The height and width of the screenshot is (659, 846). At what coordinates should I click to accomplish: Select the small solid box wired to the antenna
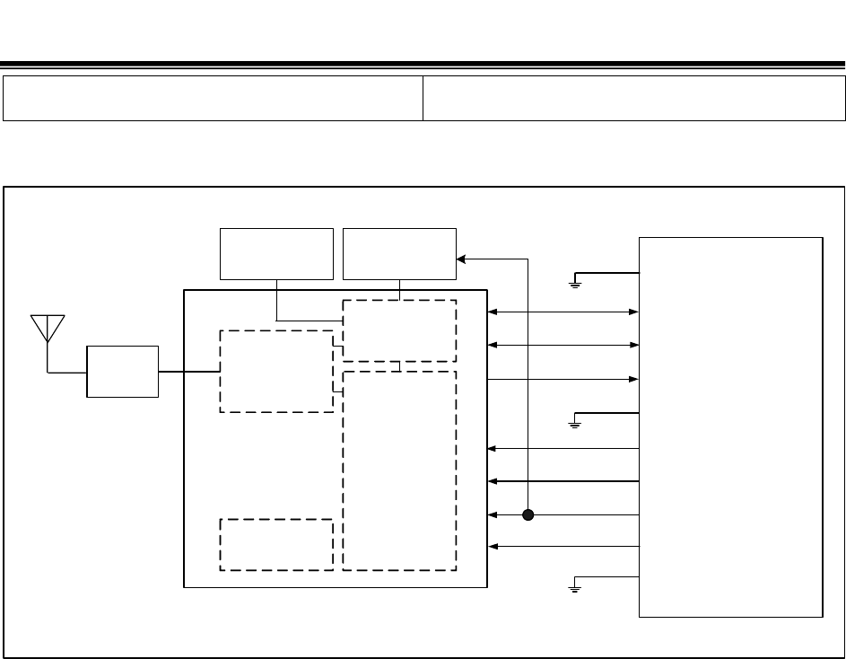(x=122, y=371)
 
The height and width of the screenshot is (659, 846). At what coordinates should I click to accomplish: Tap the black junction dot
(x=528, y=515)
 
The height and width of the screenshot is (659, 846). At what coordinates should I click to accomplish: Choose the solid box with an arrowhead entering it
(x=399, y=253)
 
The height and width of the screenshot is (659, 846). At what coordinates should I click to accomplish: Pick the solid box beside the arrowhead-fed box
(x=276, y=253)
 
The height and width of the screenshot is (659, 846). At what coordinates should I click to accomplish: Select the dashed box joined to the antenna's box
(x=276, y=371)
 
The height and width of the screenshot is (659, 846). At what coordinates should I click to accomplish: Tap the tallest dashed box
(x=399, y=470)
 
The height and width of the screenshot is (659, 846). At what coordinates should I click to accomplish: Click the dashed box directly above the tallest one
(x=399, y=330)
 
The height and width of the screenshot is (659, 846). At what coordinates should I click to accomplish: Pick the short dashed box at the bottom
(x=276, y=543)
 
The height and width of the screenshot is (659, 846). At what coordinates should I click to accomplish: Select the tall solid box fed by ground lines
(x=730, y=426)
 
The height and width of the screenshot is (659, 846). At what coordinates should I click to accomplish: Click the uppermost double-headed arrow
(x=563, y=312)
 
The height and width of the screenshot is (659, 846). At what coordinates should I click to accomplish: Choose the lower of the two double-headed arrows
(x=563, y=345)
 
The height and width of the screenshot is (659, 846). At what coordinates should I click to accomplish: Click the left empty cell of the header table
(x=214, y=98)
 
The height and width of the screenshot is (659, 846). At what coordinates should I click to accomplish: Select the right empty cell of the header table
(x=633, y=98)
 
